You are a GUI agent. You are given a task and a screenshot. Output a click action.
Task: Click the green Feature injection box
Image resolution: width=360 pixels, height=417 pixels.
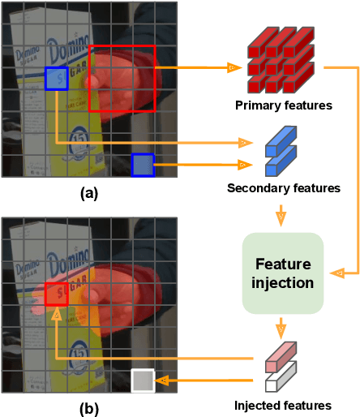coord(283,273)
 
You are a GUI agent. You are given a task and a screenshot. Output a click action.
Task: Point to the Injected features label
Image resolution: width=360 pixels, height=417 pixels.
coord(283,405)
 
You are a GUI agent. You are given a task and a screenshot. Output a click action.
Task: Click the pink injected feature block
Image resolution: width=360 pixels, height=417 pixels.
coord(281,359)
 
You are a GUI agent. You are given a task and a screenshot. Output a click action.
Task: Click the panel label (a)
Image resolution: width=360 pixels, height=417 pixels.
coord(89,193)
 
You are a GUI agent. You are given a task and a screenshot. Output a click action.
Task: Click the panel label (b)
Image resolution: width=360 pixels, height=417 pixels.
coord(89,409)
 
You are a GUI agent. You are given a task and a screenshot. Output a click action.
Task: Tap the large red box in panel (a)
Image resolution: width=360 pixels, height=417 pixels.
coord(122,78)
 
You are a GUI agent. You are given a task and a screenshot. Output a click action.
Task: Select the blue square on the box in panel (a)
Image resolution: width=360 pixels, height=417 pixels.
coord(56,79)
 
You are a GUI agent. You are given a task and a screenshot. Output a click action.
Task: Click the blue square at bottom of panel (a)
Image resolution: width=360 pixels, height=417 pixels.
coord(143,165)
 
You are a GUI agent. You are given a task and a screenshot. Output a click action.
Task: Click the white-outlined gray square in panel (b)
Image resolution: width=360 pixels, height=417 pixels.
coord(143,380)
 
